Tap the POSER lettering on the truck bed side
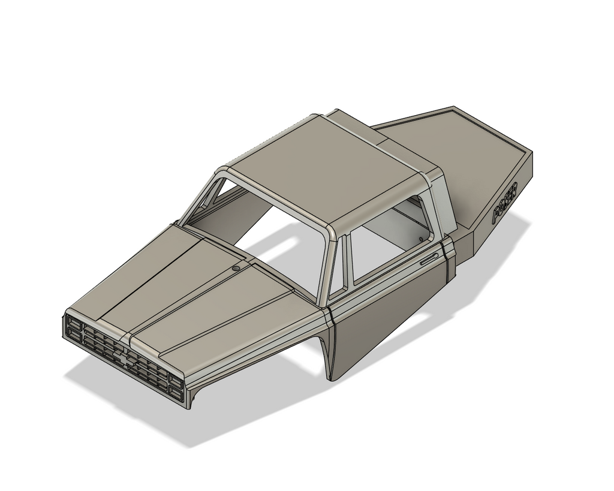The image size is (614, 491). click(505, 203)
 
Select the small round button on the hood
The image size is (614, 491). click(236, 267)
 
